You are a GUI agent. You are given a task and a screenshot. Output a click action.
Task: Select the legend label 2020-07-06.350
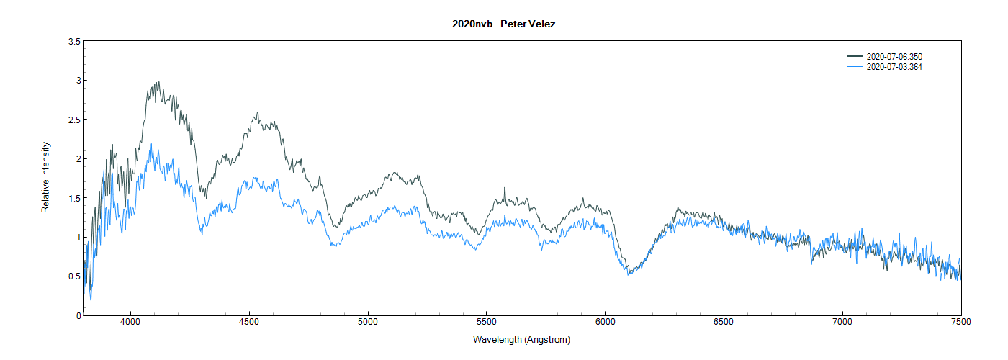tap(894, 56)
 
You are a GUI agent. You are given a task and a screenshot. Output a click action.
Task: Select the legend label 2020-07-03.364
tap(894, 67)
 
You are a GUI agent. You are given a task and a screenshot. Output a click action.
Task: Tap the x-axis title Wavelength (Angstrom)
tap(521, 339)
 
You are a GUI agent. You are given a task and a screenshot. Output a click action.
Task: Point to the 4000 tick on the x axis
tap(130, 322)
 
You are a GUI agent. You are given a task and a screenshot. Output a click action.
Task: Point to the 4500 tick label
tap(249, 322)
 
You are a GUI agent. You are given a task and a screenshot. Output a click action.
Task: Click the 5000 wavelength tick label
tap(368, 322)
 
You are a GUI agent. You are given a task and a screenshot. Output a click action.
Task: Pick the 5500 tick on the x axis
tap(487, 322)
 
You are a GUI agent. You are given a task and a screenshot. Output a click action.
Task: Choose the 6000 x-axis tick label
tap(605, 322)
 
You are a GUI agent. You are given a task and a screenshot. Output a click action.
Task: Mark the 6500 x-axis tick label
tap(724, 322)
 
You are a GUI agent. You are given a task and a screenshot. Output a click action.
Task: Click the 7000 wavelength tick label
tap(842, 322)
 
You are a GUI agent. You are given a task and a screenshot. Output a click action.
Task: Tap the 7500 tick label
tap(961, 322)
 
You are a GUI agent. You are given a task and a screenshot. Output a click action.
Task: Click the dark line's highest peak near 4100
tap(157, 82)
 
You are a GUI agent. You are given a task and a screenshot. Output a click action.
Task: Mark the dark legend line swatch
tap(855, 56)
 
